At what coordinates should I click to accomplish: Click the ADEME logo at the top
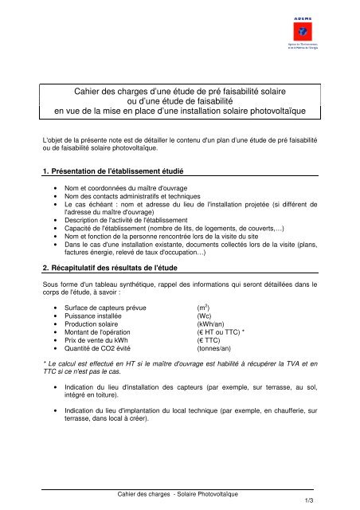click(307, 33)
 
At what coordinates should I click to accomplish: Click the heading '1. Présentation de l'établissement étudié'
click(112, 171)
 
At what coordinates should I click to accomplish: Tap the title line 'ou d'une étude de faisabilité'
click(179, 96)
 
